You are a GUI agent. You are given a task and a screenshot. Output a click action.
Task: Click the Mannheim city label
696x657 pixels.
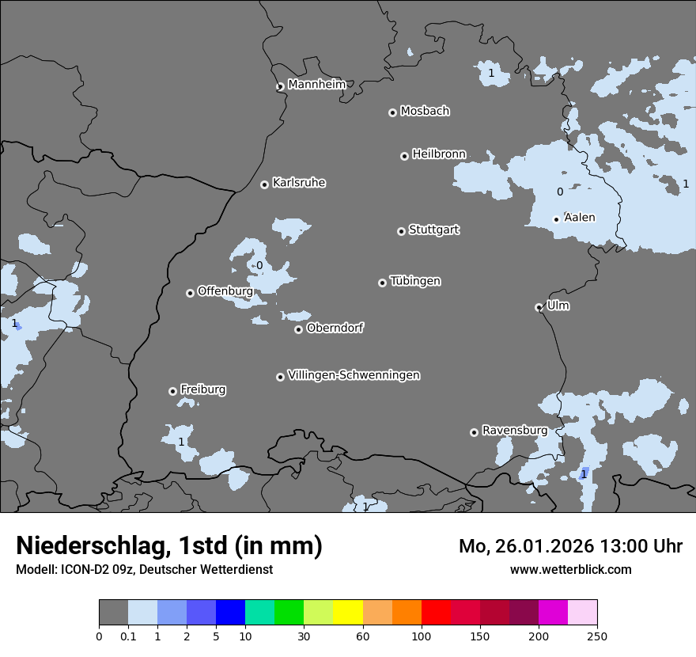pyautogui.click(x=316, y=85)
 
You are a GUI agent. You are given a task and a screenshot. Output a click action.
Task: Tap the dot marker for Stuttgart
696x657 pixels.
pyautogui.click(x=401, y=231)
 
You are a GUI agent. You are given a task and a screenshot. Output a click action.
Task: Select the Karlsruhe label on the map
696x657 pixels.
pyautogui.click(x=299, y=183)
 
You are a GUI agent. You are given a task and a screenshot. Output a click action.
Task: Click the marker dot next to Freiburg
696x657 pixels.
pyautogui.click(x=172, y=391)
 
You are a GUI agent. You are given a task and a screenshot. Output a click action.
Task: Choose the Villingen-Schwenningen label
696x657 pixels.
pyautogui.click(x=354, y=375)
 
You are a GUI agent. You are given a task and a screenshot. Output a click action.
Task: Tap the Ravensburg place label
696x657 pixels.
pyautogui.click(x=514, y=431)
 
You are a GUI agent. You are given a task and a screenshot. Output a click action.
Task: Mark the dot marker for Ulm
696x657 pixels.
pyautogui.click(x=539, y=307)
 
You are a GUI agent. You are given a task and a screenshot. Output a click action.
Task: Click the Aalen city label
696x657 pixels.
pyautogui.click(x=580, y=218)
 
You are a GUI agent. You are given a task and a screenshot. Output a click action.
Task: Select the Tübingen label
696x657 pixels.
pyautogui.click(x=415, y=281)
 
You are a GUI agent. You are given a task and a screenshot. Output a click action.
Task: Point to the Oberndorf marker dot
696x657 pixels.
pyautogui.click(x=298, y=329)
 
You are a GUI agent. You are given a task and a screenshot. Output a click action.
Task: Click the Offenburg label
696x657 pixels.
pyautogui.click(x=225, y=291)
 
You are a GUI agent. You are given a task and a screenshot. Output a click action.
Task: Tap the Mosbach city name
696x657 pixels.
pyautogui.click(x=425, y=112)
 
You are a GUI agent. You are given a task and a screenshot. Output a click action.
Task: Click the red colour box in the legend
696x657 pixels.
pyautogui.click(x=436, y=613)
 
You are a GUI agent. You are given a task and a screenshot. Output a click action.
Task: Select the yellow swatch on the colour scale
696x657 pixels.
pyautogui.click(x=348, y=613)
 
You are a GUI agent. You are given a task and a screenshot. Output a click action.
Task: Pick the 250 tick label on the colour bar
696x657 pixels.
pyautogui.click(x=597, y=636)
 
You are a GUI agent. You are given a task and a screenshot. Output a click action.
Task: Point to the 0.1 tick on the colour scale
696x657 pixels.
pyautogui.click(x=128, y=636)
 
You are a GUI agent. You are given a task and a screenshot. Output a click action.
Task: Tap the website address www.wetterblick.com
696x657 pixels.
pyautogui.click(x=570, y=570)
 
